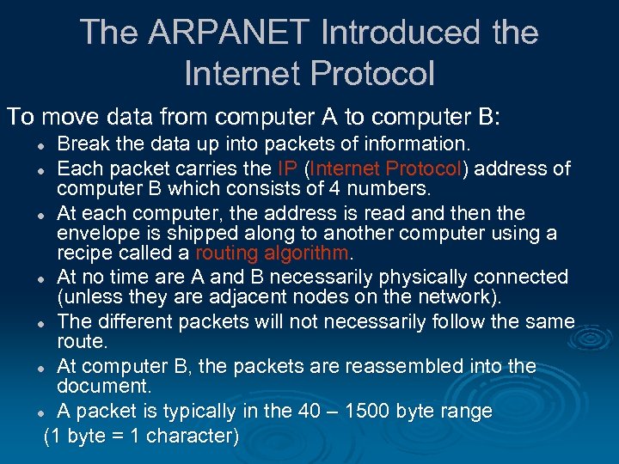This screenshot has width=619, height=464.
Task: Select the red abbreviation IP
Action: point(288,167)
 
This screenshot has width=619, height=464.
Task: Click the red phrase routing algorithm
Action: point(273,253)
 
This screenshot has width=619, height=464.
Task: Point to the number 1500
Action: point(371,411)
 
